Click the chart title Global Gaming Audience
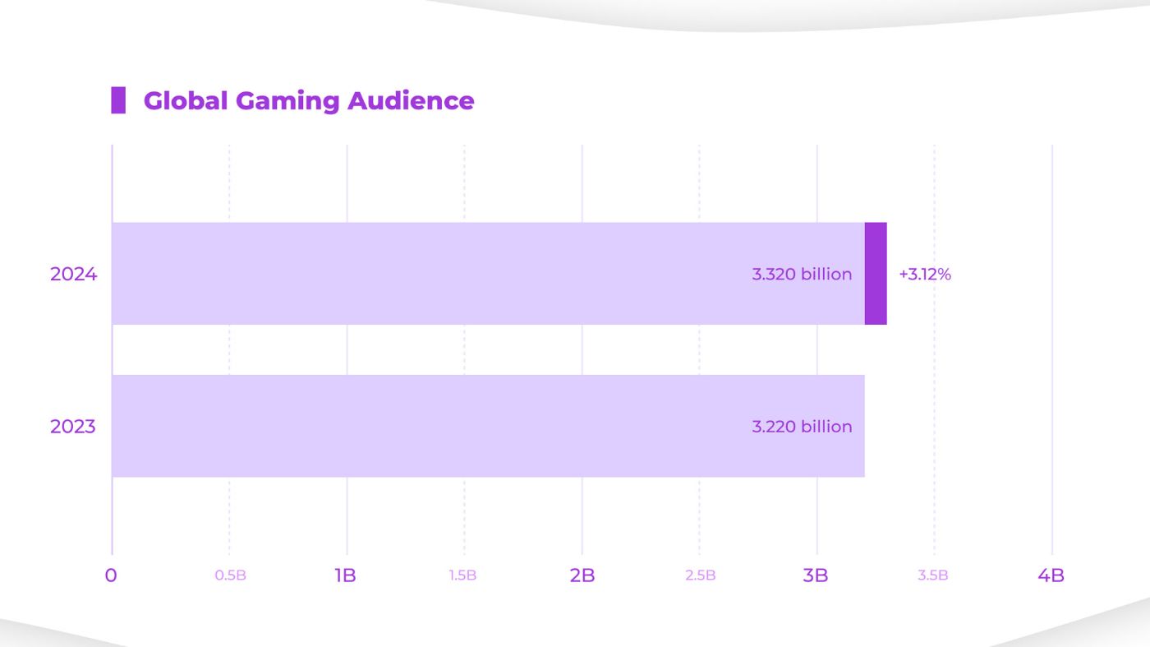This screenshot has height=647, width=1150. point(308,100)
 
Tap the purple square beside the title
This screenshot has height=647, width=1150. point(118,100)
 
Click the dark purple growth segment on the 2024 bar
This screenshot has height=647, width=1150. point(876,274)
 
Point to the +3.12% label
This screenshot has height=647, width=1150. point(925,275)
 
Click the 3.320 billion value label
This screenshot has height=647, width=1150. point(802,275)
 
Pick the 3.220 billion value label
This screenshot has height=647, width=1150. point(802,427)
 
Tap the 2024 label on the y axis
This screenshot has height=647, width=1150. point(73,275)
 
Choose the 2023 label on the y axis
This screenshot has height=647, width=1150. point(73,427)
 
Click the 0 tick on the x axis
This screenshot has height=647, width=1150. point(111,575)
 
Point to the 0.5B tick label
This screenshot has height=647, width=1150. point(230,575)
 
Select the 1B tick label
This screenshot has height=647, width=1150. point(346,575)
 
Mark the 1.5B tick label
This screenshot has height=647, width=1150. point(463,575)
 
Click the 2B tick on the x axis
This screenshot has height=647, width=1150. point(582,575)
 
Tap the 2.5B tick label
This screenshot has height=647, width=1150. point(700,575)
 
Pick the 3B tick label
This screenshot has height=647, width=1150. point(816,575)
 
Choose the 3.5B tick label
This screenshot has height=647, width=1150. point(933,575)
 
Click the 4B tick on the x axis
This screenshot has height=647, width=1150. point(1051,575)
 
